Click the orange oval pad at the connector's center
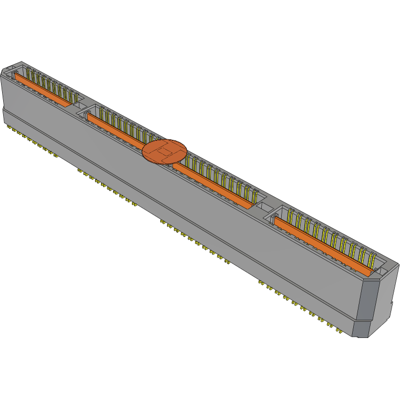165,151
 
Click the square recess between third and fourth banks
265,209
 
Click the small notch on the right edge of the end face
392,303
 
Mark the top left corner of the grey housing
4,71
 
